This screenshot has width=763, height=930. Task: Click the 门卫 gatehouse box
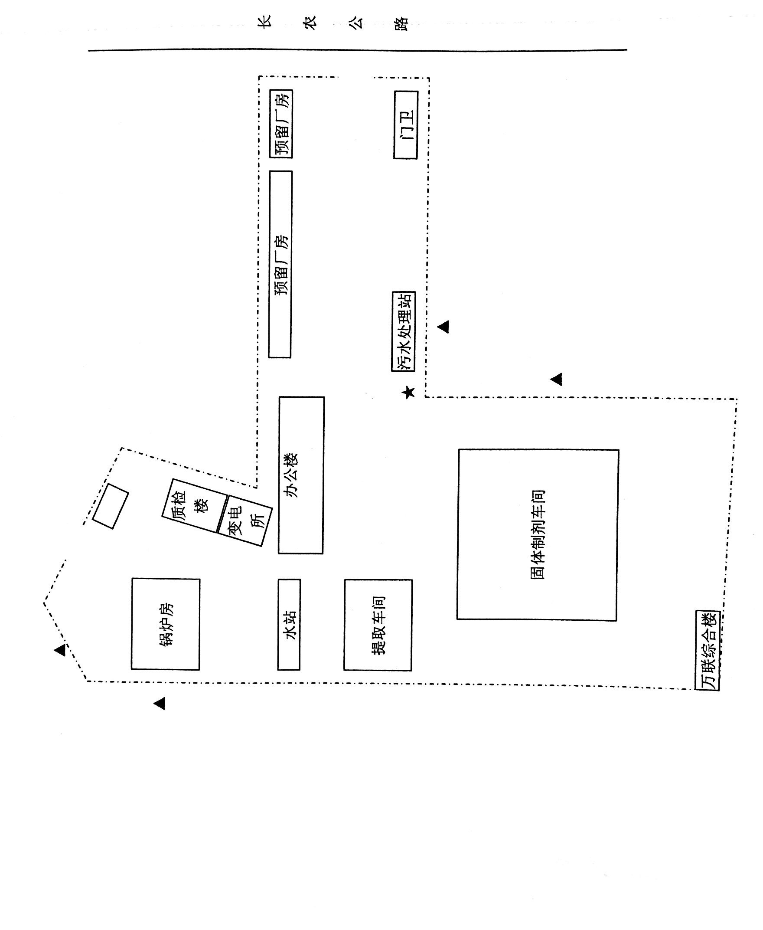point(405,125)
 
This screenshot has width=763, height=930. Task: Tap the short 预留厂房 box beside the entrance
point(281,124)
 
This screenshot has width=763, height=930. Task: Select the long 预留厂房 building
point(280,264)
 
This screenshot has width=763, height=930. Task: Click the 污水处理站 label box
point(404,331)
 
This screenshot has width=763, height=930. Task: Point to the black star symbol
point(409,392)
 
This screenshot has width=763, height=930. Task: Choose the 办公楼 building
point(301,475)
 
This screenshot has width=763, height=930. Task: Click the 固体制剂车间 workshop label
point(538,535)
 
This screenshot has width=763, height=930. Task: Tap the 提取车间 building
point(378,625)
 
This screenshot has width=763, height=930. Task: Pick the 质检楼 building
point(195,506)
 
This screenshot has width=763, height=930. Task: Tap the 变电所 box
point(245,521)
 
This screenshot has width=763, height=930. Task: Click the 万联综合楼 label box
point(708,650)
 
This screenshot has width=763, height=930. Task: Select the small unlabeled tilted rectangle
point(111,506)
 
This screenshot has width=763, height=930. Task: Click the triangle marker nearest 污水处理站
point(443,327)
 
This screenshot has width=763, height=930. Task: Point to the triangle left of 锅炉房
point(60,650)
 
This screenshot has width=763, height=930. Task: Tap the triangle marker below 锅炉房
point(159,704)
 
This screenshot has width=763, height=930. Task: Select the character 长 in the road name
point(264,22)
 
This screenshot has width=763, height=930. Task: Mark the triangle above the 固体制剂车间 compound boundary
point(557,379)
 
